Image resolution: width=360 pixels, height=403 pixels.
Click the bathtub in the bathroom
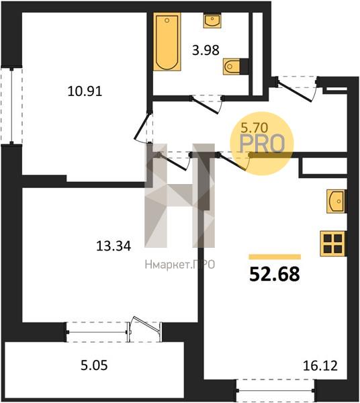tap(167, 42)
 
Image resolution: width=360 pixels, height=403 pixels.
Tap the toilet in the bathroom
tap(232, 66)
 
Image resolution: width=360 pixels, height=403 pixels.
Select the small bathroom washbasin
tap(212, 20)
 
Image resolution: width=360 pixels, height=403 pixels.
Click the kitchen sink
tap(336, 201)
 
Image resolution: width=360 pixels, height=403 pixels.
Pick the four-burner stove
tap(332, 243)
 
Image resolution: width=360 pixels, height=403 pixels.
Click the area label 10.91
tap(85, 91)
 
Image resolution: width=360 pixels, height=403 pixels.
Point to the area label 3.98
tap(206, 50)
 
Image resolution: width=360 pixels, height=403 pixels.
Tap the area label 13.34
tap(114, 246)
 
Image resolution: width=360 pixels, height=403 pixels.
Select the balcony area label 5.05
tap(94, 365)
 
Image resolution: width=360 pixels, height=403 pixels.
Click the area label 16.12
tap(320, 366)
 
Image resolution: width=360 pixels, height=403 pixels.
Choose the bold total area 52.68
tap(275, 274)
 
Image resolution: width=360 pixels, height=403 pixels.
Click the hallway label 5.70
tap(254, 127)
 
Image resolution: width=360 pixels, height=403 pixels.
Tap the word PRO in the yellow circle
tap(262, 144)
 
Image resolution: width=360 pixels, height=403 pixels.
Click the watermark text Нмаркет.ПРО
tap(180, 265)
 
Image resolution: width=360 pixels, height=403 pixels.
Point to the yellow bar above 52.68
tap(275, 257)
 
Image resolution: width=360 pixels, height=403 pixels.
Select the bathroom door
tap(207, 105)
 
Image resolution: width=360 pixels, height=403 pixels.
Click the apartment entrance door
tap(297, 89)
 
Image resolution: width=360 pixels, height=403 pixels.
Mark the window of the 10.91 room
tap(11, 105)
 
